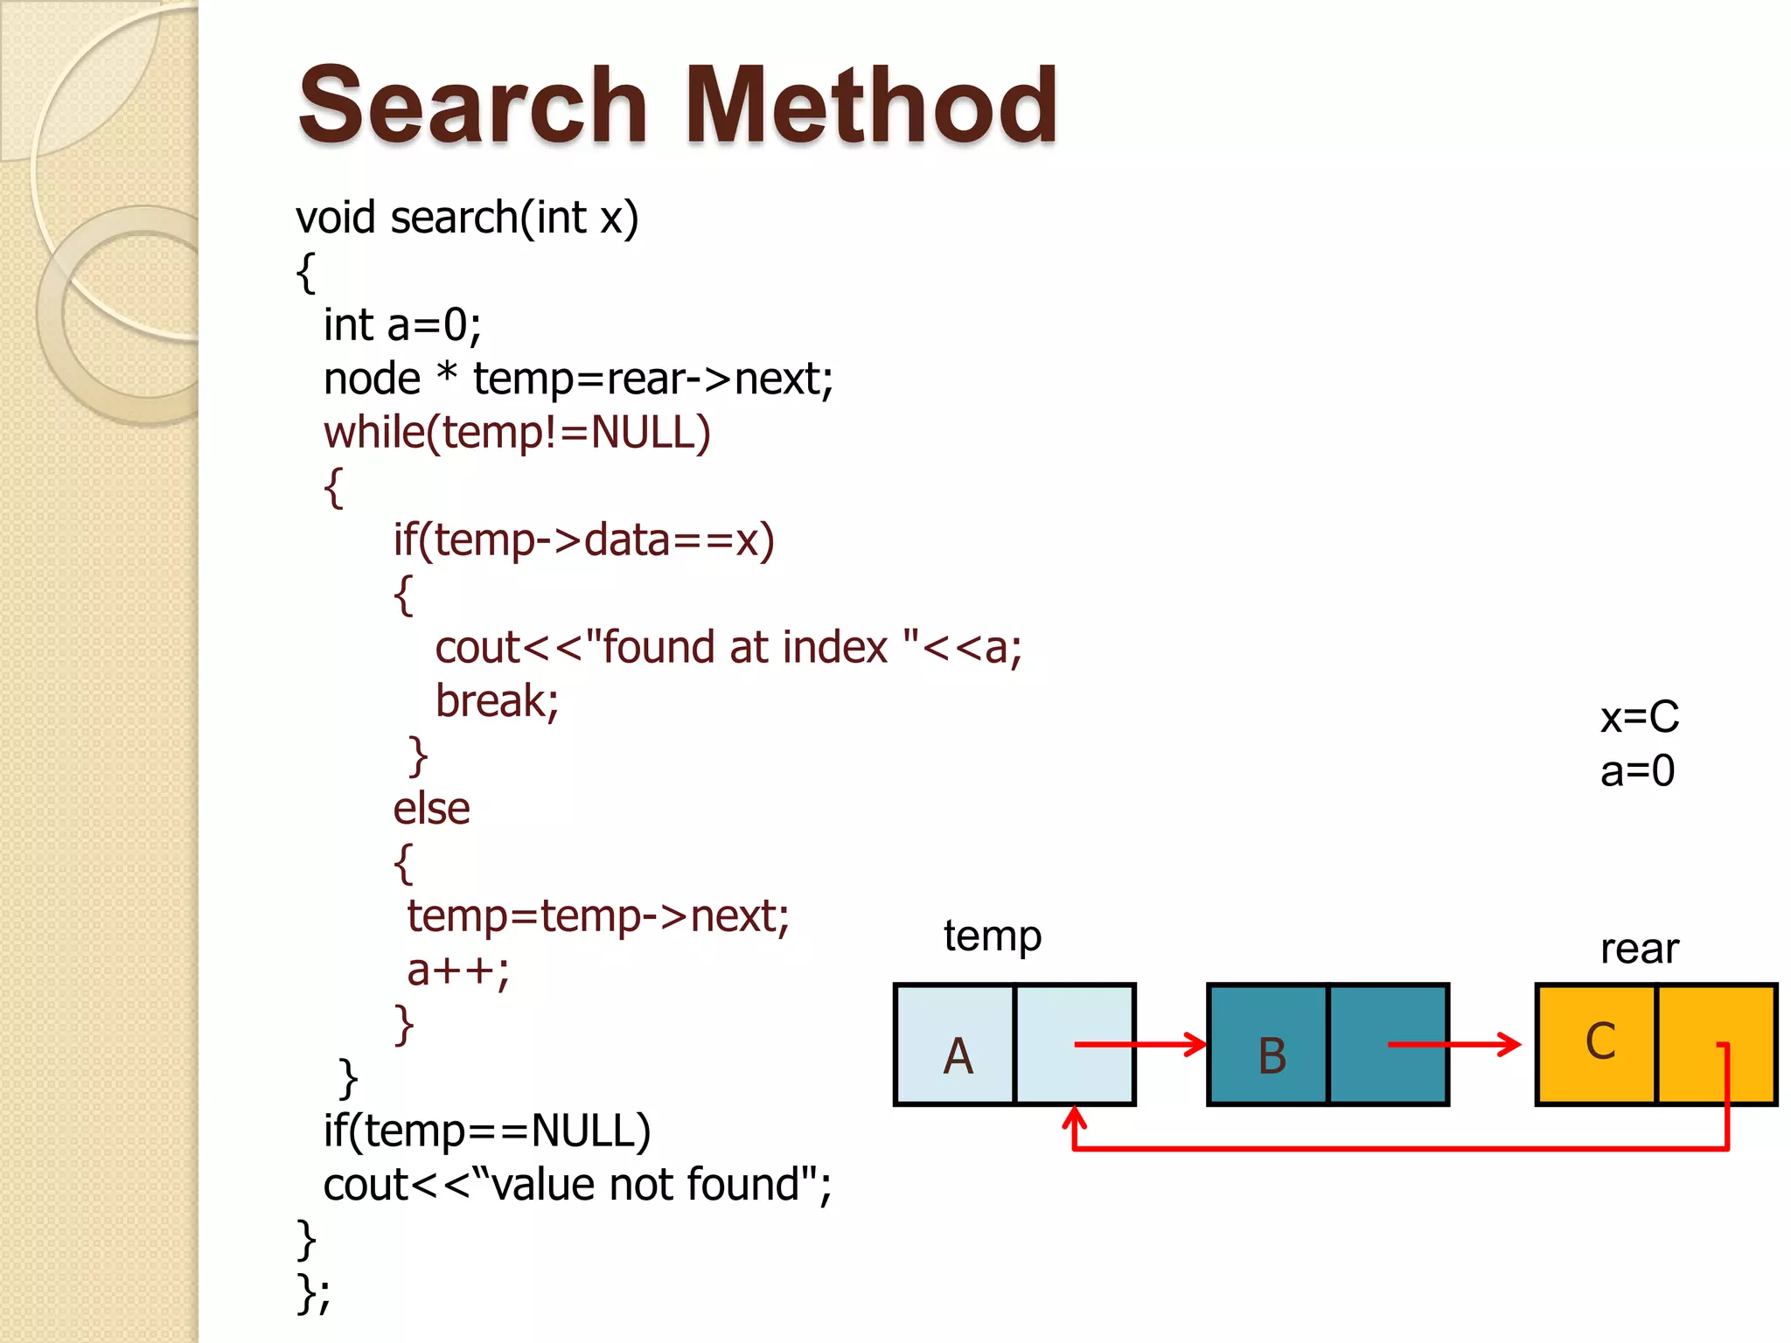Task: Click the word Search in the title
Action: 472,107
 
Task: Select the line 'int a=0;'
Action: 402,325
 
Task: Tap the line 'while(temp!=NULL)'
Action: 517,433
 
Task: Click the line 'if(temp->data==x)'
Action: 583,540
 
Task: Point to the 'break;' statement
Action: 497,701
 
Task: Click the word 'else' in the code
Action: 431,809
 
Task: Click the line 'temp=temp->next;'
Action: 598,916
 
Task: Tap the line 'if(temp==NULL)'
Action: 487,1131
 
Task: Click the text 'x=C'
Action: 1639,718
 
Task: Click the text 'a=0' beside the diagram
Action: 1637,771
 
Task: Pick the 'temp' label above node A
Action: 992,936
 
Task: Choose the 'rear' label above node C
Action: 1639,950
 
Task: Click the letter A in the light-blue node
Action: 958,1056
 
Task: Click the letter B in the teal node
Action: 1272,1056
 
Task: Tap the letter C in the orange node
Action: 1600,1042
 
